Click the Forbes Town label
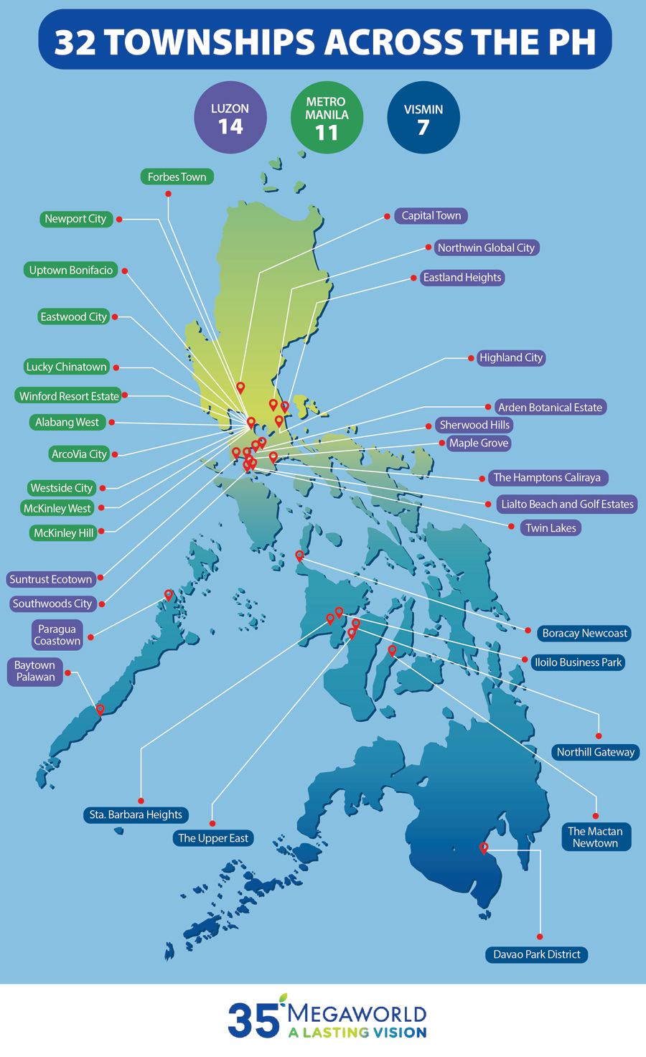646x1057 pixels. (x=177, y=177)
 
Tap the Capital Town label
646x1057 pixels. (x=431, y=216)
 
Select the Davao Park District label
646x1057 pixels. (x=536, y=954)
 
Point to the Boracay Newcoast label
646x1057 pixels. (x=584, y=633)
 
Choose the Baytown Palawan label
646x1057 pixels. (x=35, y=671)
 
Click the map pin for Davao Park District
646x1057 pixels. (x=484, y=848)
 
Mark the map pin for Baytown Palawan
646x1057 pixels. (x=100, y=709)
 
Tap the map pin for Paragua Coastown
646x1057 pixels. (x=169, y=595)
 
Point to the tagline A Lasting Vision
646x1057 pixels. (x=357, y=1033)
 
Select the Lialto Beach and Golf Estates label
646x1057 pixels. (x=567, y=504)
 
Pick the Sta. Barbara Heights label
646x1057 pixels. (x=136, y=815)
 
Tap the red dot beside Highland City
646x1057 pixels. (x=471, y=357)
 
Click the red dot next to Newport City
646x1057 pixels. (x=119, y=220)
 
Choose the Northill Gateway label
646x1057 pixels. (x=595, y=752)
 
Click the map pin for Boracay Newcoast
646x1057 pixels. (x=299, y=555)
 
